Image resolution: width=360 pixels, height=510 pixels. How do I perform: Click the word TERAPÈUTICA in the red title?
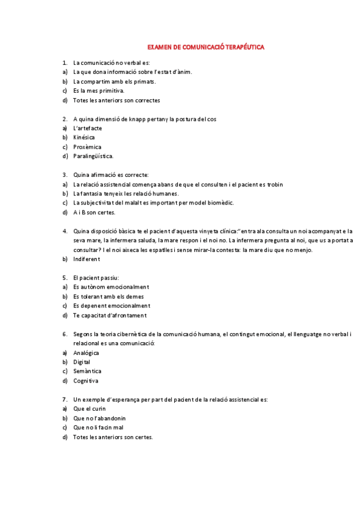[x=240, y=46]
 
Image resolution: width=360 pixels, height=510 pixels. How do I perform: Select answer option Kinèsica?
[x=84, y=138]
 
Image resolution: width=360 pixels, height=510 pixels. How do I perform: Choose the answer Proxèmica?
[x=87, y=147]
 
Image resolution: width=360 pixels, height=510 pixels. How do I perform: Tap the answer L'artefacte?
[x=87, y=128]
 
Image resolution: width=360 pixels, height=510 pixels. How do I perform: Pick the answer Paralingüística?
[x=93, y=156]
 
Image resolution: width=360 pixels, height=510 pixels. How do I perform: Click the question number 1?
[x=64, y=63]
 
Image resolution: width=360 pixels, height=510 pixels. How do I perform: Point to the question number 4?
[x=64, y=231]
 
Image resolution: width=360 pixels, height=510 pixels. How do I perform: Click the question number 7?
[x=64, y=399]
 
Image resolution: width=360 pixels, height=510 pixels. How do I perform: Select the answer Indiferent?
[x=87, y=259]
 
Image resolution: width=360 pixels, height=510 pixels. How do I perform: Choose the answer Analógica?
[x=86, y=353]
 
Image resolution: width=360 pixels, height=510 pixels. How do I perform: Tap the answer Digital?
[x=82, y=362]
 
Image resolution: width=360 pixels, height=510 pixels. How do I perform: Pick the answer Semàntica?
[x=87, y=371]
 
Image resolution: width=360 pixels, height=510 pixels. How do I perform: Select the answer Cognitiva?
[x=86, y=381]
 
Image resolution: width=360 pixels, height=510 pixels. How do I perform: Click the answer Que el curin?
[x=90, y=409]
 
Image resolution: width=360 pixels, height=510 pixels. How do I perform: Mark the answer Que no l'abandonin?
[x=99, y=418]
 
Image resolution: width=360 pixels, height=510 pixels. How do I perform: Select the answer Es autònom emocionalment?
[x=111, y=287]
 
